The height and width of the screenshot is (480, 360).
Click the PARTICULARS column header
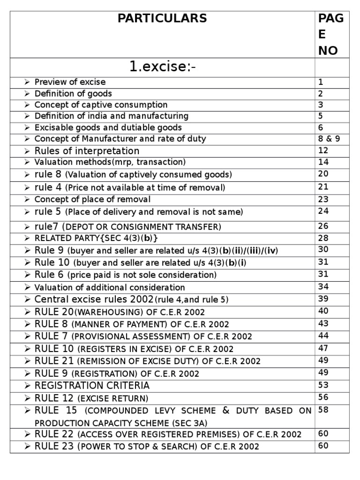162,19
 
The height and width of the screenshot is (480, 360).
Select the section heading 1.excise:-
163,67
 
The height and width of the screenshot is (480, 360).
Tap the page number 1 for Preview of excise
321,82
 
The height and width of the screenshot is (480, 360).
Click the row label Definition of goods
73,93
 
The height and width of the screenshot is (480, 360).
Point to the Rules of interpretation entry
87,150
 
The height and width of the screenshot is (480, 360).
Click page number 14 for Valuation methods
323,162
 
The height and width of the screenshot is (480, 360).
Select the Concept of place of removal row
92,199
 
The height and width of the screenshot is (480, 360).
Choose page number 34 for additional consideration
323,287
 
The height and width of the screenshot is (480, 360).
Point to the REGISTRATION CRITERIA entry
92,386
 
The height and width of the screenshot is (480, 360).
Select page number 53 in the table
323,385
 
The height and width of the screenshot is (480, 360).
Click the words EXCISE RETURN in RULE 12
112,399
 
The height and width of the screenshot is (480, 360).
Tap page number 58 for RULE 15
323,410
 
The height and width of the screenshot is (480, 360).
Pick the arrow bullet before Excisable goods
28,127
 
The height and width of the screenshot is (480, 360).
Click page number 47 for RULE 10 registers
323,348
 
